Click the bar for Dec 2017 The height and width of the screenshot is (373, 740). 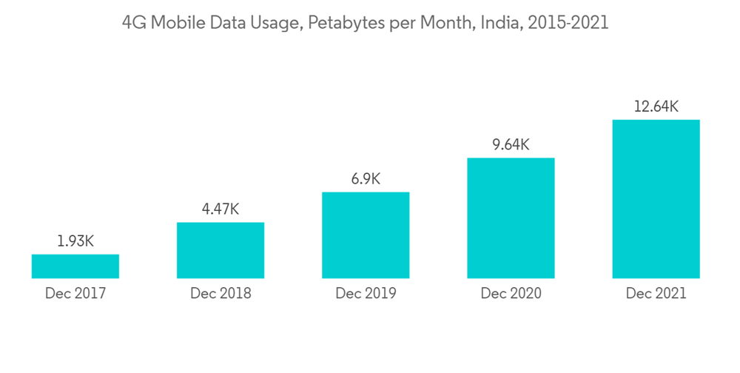(75, 266)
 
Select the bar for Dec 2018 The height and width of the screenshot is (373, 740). (221, 250)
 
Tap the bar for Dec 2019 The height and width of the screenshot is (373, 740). (366, 235)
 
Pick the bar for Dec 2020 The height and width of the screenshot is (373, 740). (511, 218)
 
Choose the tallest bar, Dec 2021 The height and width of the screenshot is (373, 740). (656, 199)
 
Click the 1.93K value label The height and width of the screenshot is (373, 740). (75, 241)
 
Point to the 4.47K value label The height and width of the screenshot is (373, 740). (221, 209)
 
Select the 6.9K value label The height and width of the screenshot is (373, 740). (366, 179)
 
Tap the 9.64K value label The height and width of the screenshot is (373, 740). (511, 144)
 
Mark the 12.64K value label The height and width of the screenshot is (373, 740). (656, 107)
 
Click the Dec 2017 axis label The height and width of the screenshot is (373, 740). (75, 294)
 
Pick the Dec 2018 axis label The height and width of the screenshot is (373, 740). (221, 294)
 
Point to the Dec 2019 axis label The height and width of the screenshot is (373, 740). (366, 294)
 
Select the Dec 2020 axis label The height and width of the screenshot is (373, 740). (511, 294)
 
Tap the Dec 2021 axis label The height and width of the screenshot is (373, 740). (656, 294)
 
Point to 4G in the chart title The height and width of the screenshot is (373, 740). (132, 23)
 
